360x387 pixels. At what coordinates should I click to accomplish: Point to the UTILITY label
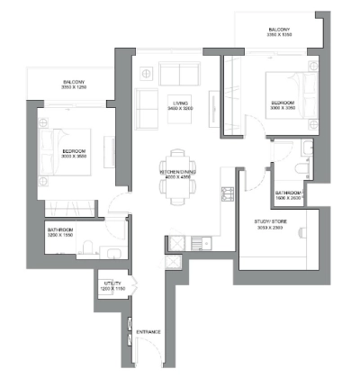(112, 283)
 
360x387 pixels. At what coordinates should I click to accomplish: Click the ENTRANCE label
(148, 332)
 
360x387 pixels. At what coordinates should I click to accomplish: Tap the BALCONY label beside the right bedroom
(279, 30)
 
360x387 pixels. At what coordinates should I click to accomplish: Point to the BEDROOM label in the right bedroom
(283, 103)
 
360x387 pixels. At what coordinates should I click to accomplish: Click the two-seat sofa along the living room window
(176, 72)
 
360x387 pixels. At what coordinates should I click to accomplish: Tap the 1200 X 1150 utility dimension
(112, 289)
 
